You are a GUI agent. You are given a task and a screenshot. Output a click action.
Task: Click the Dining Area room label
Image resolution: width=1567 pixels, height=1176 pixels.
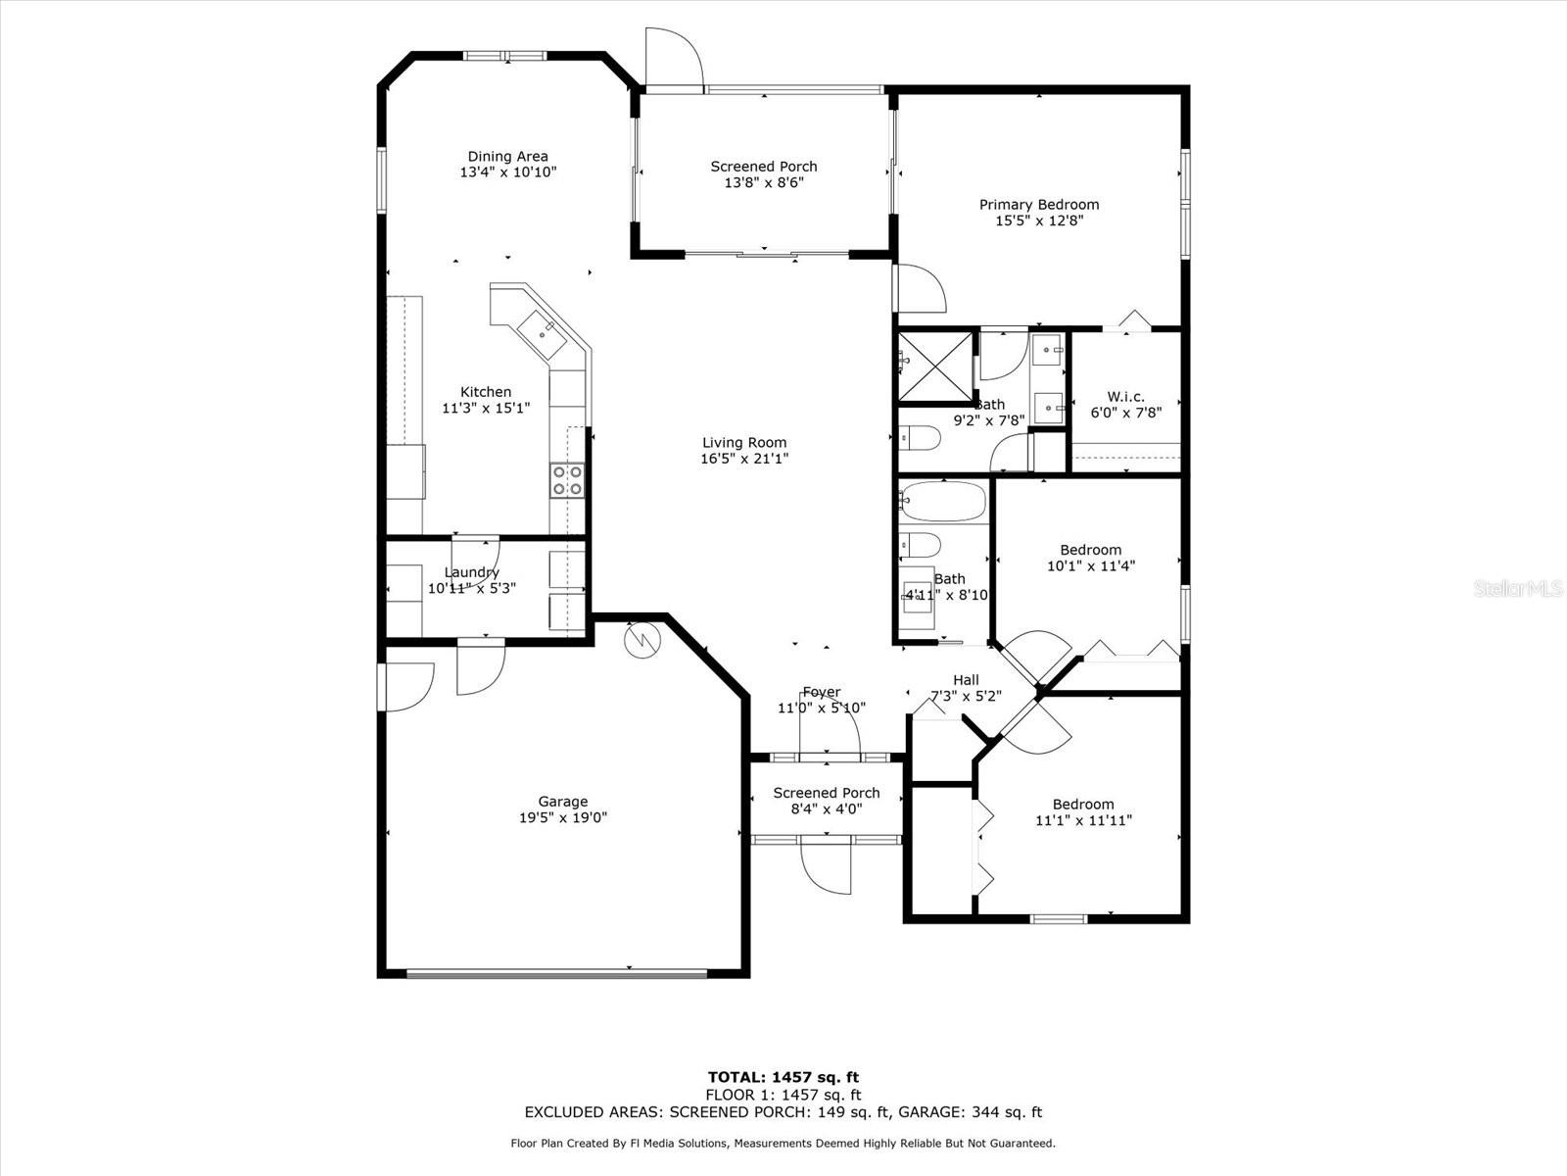(507, 157)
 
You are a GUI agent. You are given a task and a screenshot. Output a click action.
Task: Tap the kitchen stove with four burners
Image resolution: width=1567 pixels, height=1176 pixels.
(567, 480)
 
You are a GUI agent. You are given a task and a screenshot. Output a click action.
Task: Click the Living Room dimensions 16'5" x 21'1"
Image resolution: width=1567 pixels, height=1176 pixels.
(744, 459)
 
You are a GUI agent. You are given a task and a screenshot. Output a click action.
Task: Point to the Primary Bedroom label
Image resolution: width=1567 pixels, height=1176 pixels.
(1039, 205)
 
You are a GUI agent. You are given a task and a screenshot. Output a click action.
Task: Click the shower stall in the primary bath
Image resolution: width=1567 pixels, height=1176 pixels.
(936, 367)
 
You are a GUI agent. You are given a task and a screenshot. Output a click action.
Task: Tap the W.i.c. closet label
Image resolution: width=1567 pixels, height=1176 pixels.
(1125, 397)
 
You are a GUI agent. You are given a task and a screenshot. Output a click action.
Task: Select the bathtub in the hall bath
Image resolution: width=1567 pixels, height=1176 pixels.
(942, 502)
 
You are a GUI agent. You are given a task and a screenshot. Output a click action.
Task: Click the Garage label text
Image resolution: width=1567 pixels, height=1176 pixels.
(563, 802)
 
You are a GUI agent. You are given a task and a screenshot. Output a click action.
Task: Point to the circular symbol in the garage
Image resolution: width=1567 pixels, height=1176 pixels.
(643, 640)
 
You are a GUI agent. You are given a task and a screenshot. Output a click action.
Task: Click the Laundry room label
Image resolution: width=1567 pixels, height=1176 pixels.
(472, 572)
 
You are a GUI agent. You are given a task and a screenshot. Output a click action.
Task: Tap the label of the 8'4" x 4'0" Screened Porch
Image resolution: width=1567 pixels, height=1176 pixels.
(827, 793)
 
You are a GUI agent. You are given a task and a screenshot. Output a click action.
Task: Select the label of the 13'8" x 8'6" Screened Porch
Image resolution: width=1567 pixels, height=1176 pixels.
(764, 167)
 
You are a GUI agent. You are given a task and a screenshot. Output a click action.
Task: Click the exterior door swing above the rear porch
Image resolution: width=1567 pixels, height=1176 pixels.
(674, 59)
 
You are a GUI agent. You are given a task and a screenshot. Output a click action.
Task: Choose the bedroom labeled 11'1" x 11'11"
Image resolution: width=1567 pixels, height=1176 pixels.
(1083, 812)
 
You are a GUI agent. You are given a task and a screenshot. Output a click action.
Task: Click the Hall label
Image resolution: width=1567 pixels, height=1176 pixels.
(966, 680)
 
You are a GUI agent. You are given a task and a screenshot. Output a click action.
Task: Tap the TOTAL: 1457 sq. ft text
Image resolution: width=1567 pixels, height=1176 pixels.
(783, 1077)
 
